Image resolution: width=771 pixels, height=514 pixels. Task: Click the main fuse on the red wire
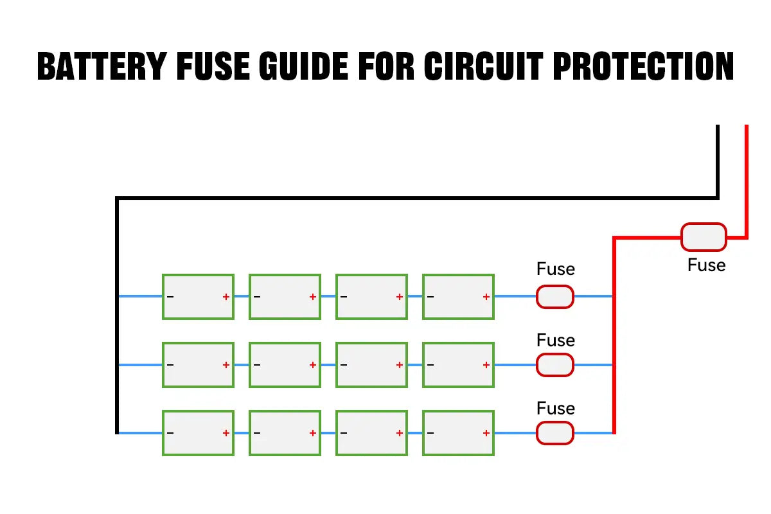(x=704, y=237)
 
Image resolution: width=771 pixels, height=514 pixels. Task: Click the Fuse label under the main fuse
(x=706, y=265)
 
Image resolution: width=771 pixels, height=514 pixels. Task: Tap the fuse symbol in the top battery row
(x=555, y=297)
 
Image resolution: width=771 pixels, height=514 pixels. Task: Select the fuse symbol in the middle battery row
(x=555, y=365)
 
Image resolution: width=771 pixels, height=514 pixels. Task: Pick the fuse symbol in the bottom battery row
(x=555, y=433)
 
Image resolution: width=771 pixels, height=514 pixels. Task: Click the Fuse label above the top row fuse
(x=556, y=269)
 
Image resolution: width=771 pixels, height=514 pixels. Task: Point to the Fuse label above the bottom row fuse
(x=556, y=409)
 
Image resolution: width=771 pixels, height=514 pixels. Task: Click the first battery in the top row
(x=198, y=297)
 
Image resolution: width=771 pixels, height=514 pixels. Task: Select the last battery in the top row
(x=458, y=297)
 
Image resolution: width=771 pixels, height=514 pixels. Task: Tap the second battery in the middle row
(x=285, y=365)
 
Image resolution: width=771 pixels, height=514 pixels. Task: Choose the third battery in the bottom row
(x=371, y=433)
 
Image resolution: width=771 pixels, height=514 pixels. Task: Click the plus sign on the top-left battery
(x=226, y=297)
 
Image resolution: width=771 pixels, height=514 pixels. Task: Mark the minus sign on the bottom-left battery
(x=170, y=433)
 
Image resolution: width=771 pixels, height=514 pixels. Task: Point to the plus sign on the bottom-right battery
(x=486, y=433)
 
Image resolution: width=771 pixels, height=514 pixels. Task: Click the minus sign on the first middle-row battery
(x=170, y=365)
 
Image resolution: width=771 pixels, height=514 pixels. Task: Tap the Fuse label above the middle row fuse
(x=556, y=340)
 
